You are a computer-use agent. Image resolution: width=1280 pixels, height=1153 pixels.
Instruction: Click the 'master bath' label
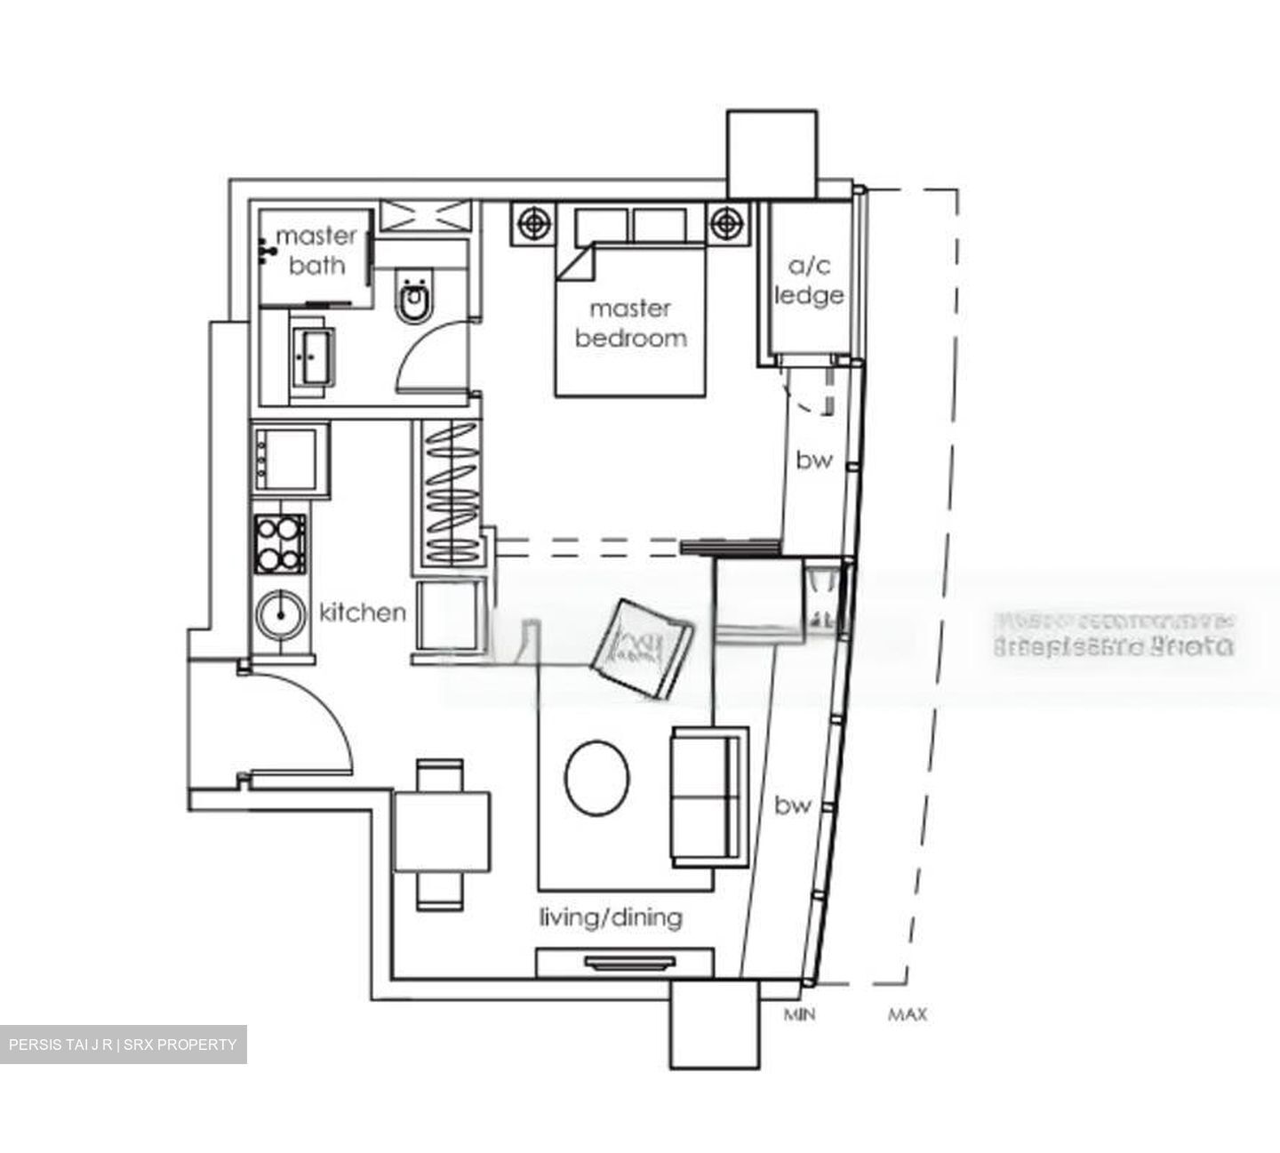pyautogui.click(x=316, y=250)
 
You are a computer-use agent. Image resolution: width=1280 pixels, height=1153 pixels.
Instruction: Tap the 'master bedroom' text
pyautogui.click(x=630, y=323)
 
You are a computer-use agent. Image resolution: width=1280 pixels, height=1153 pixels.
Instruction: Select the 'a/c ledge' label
pyautogui.click(x=808, y=281)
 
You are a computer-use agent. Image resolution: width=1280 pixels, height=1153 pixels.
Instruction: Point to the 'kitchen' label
pyautogui.click(x=362, y=612)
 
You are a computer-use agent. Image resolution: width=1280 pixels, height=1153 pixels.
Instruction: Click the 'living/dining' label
pyautogui.click(x=611, y=917)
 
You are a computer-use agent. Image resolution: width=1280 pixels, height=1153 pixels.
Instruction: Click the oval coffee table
pyautogui.click(x=597, y=778)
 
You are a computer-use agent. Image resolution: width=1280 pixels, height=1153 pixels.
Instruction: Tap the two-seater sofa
pyautogui.click(x=708, y=797)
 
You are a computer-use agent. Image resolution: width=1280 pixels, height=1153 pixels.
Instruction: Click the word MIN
pyautogui.click(x=800, y=1014)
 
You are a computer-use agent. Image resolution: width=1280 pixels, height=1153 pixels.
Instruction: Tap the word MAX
pyautogui.click(x=907, y=1014)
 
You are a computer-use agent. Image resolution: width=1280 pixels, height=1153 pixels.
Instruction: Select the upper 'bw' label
pyautogui.click(x=813, y=460)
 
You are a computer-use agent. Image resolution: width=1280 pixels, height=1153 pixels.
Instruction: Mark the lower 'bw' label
pyautogui.click(x=792, y=805)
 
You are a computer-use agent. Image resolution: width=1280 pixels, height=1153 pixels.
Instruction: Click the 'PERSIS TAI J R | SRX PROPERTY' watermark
pyautogui.click(x=123, y=1045)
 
